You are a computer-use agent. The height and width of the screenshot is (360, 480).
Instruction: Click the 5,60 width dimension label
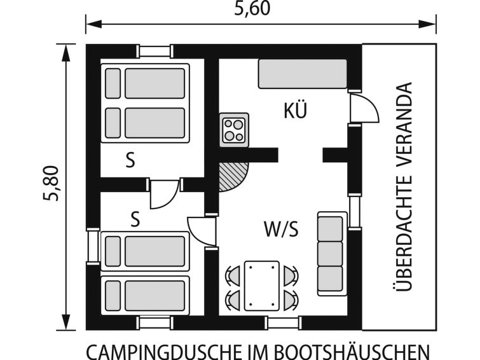pos(252,8)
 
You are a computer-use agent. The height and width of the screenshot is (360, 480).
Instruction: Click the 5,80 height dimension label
pos(51,184)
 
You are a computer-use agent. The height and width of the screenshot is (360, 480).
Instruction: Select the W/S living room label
pos(281,229)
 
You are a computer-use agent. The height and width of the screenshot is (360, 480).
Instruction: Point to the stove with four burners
pos(234,130)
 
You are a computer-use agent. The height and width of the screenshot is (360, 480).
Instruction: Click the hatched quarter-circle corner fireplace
pos(233,177)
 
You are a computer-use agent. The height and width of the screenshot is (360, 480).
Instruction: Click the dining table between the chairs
pos(262,286)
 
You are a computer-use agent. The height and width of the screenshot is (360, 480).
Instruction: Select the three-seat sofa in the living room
pos(332,253)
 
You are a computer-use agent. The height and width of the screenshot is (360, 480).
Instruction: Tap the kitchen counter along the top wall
pos(303,74)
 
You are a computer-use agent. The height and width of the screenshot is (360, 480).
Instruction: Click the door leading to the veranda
pos(364,107)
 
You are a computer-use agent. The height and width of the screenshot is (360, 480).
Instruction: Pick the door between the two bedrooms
pos(165,193)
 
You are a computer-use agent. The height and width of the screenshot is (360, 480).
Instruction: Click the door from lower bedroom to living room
pos(202,232)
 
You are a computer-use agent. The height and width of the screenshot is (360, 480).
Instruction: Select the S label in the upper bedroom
pos(130,160)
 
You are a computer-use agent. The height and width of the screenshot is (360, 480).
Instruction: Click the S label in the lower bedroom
pos(135,219)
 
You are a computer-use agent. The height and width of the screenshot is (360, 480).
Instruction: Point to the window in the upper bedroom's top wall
pos(154,51)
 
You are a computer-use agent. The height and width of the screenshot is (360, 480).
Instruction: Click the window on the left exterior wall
pos(93,246)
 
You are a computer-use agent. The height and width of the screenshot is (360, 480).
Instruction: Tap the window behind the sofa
pos(355,212)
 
